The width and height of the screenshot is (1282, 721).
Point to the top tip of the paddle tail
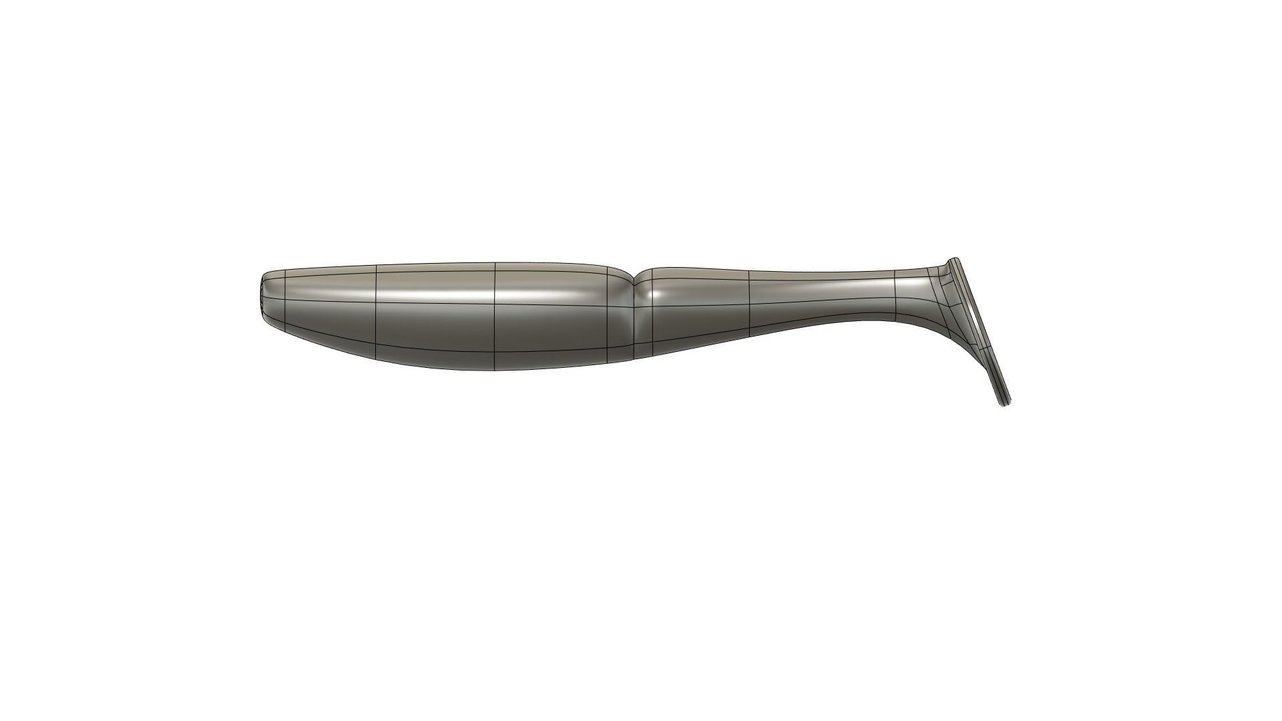coord(954,260)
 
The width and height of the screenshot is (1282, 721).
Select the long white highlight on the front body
coord(467,293)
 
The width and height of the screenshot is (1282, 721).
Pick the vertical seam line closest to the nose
coord(286,300)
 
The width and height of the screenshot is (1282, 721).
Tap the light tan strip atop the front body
coord(434,270)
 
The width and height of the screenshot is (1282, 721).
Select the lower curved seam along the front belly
coord(434,354)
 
